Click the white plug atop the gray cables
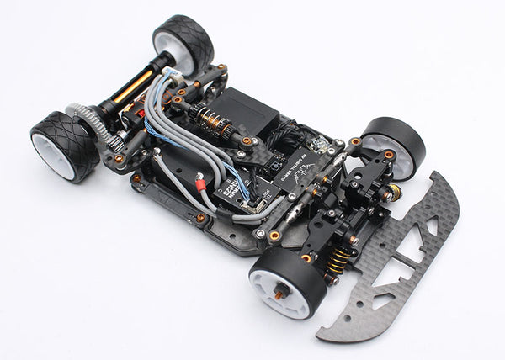pyautogui.click(x=169, y=73)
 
